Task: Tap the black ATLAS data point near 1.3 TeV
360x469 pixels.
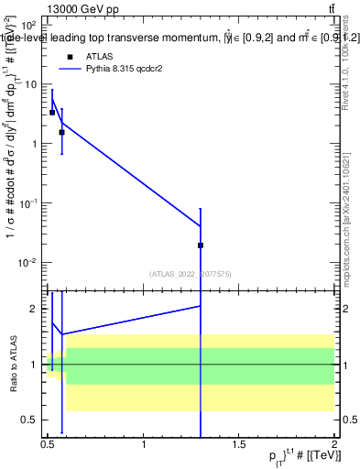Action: tap(201, 245)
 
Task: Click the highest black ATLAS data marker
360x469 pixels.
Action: tap(52, 113)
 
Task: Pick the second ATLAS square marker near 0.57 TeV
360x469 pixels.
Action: tap(61, 132)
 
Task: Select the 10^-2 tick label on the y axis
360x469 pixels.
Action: tap(28, 263)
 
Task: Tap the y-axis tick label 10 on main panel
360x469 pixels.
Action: tap(32, 84)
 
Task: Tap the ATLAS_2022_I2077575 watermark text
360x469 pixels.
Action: tap(191, 273)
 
